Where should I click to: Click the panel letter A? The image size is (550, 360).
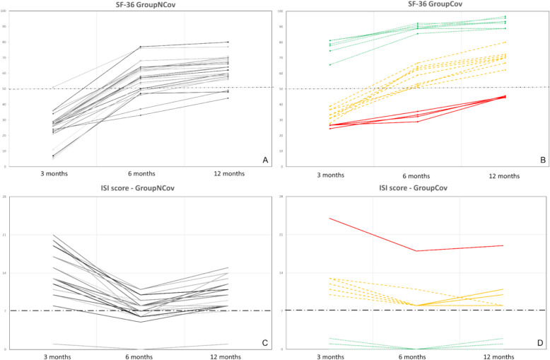(x=265, y=161)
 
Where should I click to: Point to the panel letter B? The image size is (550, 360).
(x=542, y=161)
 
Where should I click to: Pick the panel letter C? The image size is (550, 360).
(x=265, y=343)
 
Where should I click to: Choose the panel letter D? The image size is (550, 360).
(x=542, y=343)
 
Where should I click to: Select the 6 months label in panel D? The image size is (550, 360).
(x=417, y=357)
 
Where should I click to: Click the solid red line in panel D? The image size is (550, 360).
(x=375, y=235)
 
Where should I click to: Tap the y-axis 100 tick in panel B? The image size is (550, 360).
(x=281, y=12)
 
